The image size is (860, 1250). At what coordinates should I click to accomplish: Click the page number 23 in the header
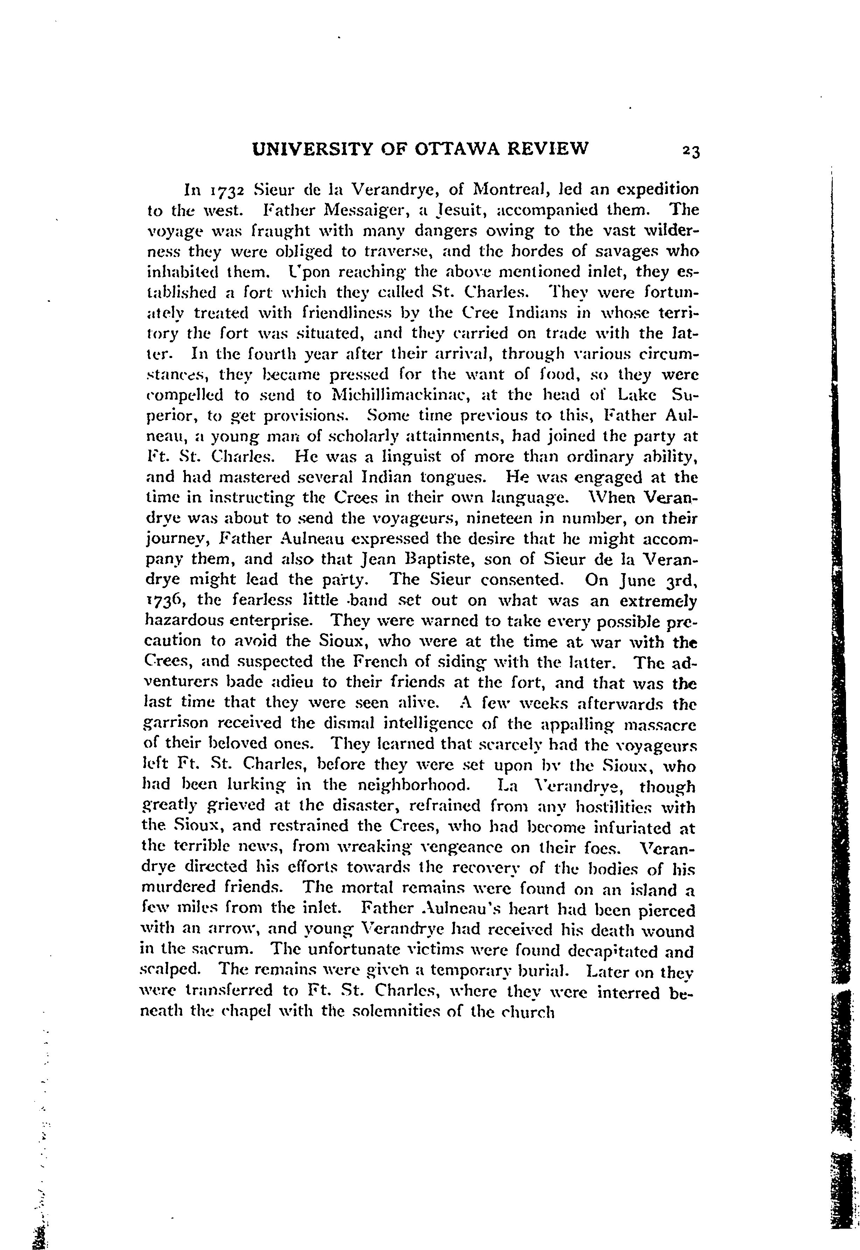(x=690, y=151)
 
